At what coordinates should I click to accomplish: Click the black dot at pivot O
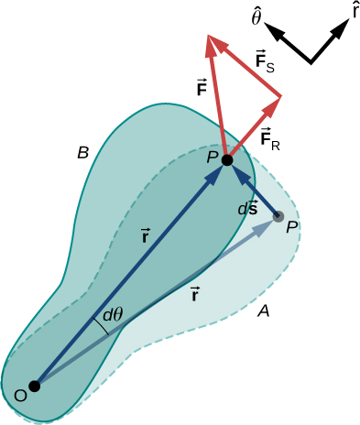35,387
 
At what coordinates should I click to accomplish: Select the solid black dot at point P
227,159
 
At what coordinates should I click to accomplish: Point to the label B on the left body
83,154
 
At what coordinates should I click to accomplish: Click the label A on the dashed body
263,312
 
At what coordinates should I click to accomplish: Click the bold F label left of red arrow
202,89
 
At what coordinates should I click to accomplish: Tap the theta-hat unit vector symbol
257,17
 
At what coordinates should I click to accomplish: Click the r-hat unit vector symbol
355,12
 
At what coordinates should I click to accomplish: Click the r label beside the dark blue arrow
147,236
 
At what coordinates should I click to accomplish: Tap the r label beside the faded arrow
196,293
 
